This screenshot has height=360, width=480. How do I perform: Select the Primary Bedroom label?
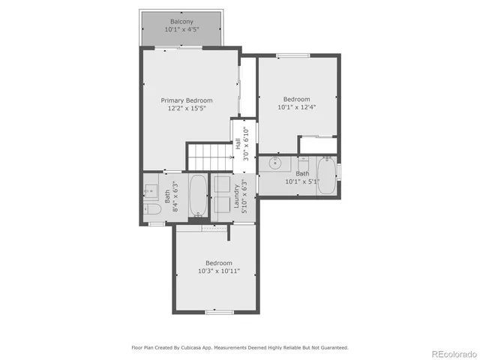(x=187, y=100)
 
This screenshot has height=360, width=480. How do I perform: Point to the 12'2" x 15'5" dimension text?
(x=187, y=109)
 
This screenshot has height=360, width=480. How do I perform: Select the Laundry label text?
(x=237, y=199)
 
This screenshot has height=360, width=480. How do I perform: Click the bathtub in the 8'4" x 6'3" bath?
(x=198, y=196)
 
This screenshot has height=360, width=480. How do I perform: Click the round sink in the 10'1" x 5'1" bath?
(x=275, y=162)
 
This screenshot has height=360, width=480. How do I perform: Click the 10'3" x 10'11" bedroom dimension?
(x=219, y=271)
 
